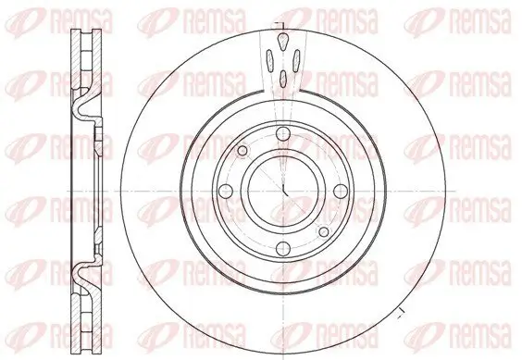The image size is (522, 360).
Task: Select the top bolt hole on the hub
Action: pos(283,133)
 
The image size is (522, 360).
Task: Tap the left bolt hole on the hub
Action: pos(226,191)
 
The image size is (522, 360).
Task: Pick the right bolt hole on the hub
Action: pos(341,191)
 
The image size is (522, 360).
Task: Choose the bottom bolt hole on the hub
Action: pos(283,248)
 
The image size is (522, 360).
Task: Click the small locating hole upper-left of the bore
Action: pos(242,151)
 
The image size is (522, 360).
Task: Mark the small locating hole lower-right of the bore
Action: pos(324,231)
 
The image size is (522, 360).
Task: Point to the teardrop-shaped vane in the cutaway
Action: pos(282,42)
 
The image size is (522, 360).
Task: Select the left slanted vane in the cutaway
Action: pos(270,60)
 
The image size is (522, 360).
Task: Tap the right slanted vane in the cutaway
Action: pos(296,60)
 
